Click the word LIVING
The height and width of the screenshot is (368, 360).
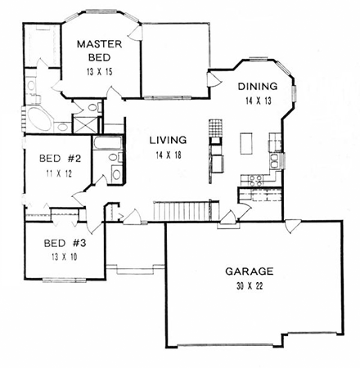169,139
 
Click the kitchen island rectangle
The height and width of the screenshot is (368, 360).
245,144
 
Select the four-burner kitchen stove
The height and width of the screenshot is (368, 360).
261,179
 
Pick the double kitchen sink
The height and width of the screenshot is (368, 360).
277,160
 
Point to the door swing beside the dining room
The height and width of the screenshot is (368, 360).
214,78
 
